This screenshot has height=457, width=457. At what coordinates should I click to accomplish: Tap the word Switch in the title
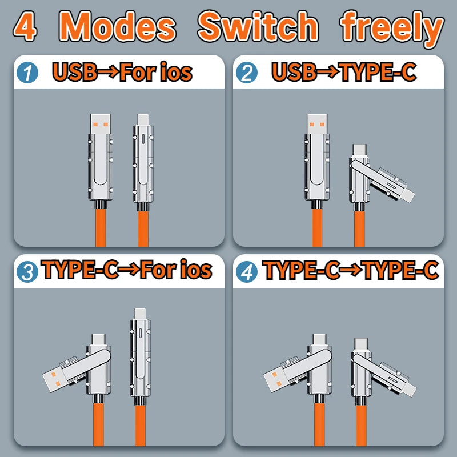point(258,27)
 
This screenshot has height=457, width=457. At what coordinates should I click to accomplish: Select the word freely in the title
point(392,27)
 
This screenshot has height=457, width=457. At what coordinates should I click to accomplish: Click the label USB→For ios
point(121,73)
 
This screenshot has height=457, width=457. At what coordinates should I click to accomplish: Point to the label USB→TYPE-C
point(344,73)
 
